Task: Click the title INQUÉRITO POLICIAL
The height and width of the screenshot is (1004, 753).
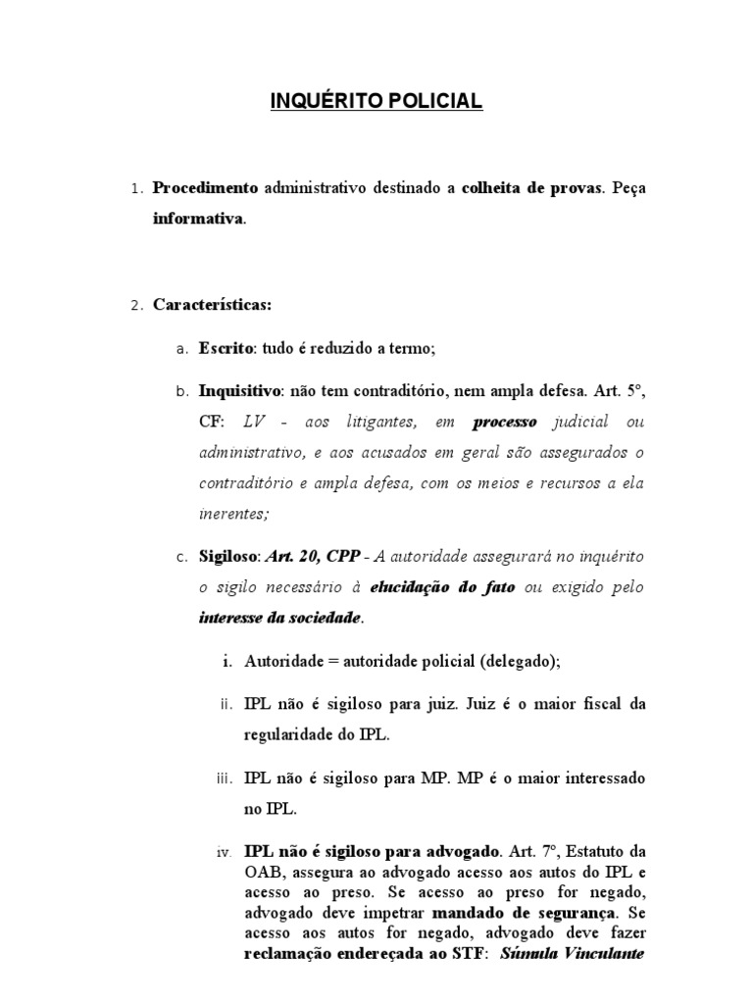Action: (x=376, y=102)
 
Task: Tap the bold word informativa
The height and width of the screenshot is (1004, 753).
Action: (x=197, y=219)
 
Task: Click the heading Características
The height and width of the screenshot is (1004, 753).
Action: (x=211, y=305)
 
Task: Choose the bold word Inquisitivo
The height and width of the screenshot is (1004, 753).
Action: (x=239, y=390)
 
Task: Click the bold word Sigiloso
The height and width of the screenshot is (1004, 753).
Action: (x=229, y=556)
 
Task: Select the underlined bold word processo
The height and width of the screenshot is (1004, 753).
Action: (x=506, y=422)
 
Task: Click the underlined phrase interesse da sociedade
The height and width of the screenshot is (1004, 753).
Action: (x=280, y=618)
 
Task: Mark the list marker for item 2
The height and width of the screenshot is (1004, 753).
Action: (x=136, y=306)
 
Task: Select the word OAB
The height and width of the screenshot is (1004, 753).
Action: (x=264, y=873)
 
